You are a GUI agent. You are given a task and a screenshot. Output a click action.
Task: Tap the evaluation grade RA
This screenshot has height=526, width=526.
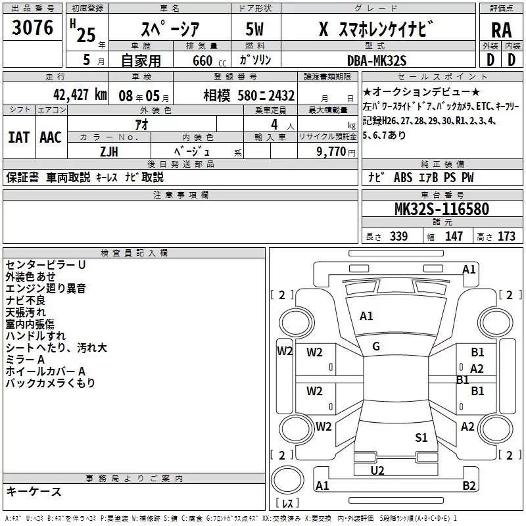click(x=501, y=30)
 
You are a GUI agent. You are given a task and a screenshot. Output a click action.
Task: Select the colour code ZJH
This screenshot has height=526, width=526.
click(x=109, y=151)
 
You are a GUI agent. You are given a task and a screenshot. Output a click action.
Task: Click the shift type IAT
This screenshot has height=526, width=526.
click(x=18, y=137)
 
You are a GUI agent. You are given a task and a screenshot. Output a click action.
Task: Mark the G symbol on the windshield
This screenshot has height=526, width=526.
click(x=376, y=347)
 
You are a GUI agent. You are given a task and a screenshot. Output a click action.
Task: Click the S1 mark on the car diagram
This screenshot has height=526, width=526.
click(x=421, y=437)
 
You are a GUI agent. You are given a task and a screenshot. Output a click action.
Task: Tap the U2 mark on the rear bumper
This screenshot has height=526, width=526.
click(x=377, y=470)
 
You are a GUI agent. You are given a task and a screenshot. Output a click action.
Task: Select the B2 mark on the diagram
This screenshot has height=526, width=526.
click(x=469, y=486)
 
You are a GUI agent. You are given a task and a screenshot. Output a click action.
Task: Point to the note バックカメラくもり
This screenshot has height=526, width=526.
click(x=51, y=383)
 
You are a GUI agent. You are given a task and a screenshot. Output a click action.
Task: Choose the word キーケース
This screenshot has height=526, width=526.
click(x=34, y=491)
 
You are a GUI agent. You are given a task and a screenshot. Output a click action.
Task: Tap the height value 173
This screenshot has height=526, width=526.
click(x=506, y=237)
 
